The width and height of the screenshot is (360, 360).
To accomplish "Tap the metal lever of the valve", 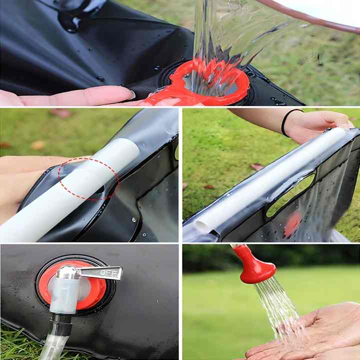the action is (100, 273).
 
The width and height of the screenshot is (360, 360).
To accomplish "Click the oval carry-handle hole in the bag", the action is (290, 195).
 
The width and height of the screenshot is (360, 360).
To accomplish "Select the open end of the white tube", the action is (202, 226).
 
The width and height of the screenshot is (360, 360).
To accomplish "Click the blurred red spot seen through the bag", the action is (292, 224).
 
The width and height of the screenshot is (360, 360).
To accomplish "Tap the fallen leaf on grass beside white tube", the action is (256, 166).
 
